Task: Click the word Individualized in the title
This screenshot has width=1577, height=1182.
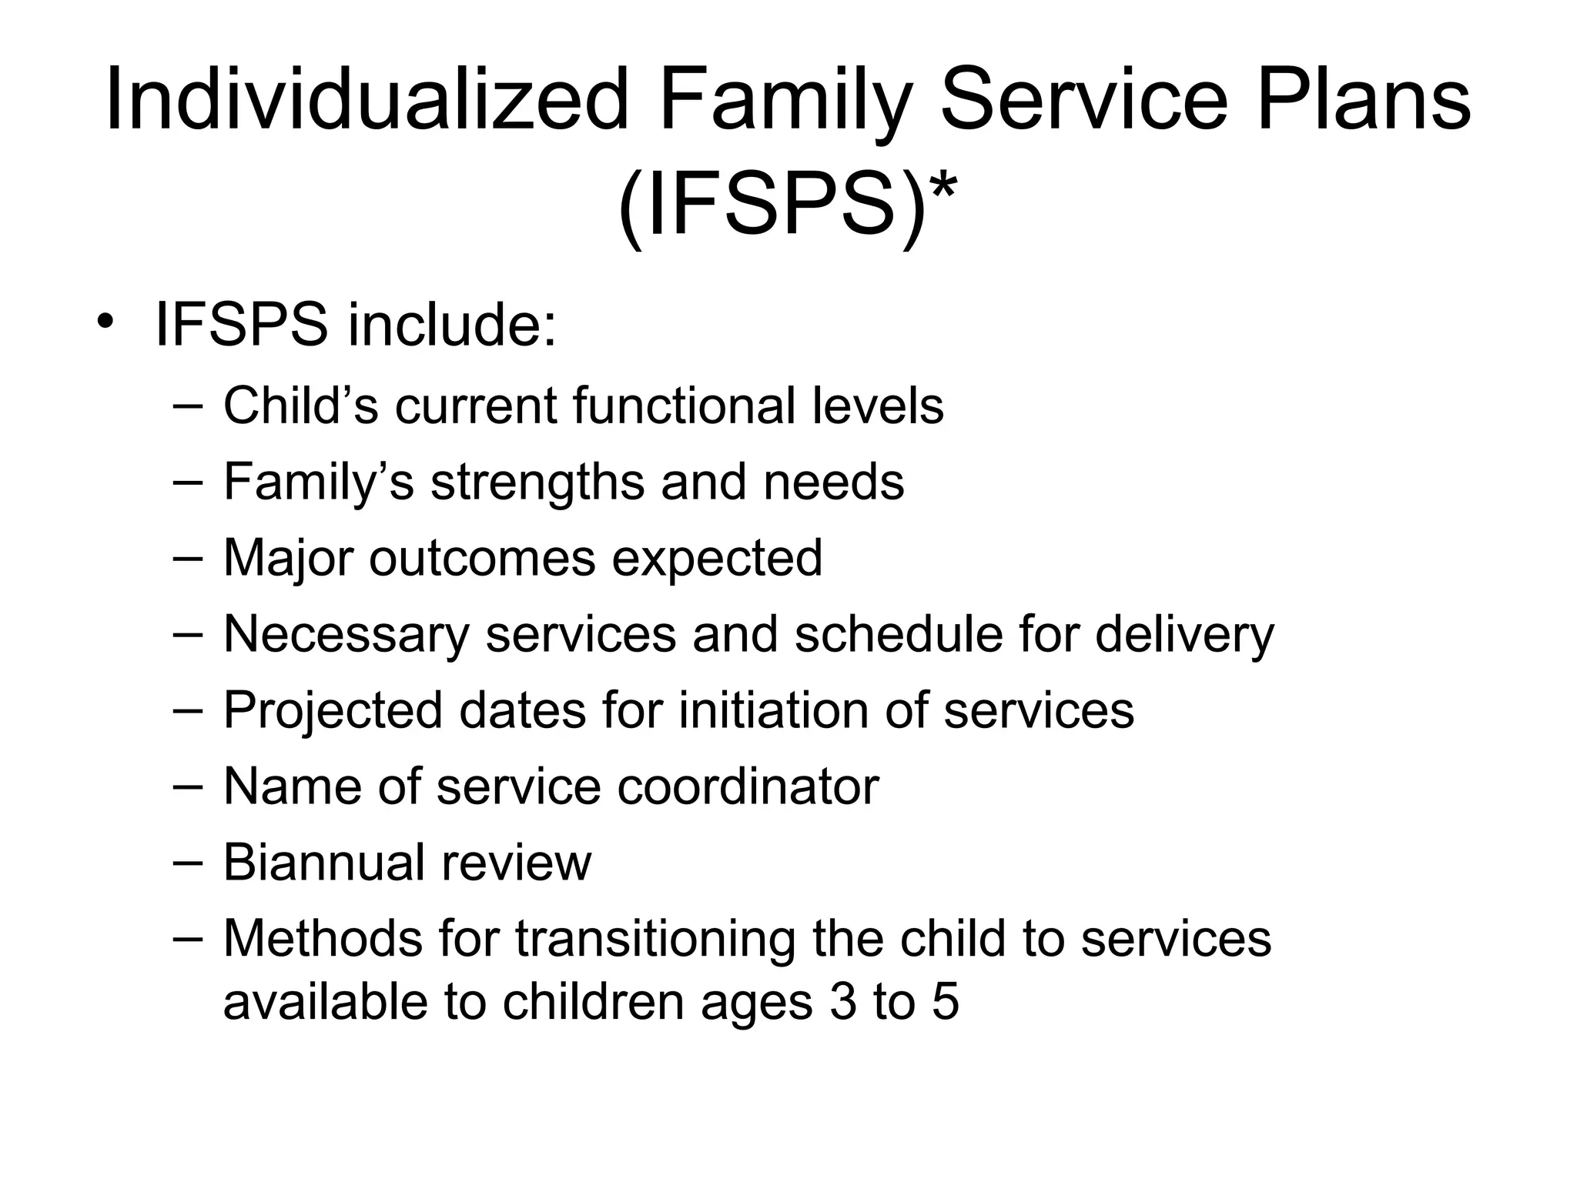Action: coord(367,101)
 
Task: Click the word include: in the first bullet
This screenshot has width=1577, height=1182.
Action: coord(452,325)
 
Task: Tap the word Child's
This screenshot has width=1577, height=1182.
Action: coord(300,406)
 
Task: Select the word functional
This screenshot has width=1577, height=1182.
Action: coord(685,406)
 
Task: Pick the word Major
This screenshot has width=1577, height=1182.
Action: coord(288,557)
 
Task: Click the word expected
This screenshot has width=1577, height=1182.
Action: coord(717,557)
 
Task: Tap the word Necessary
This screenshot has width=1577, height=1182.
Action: coord(346,634)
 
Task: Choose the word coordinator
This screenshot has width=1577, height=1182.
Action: coord(748,786)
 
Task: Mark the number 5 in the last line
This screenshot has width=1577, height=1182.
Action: coord(946,1002)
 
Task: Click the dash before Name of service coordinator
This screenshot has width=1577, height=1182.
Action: coord(188,785)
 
